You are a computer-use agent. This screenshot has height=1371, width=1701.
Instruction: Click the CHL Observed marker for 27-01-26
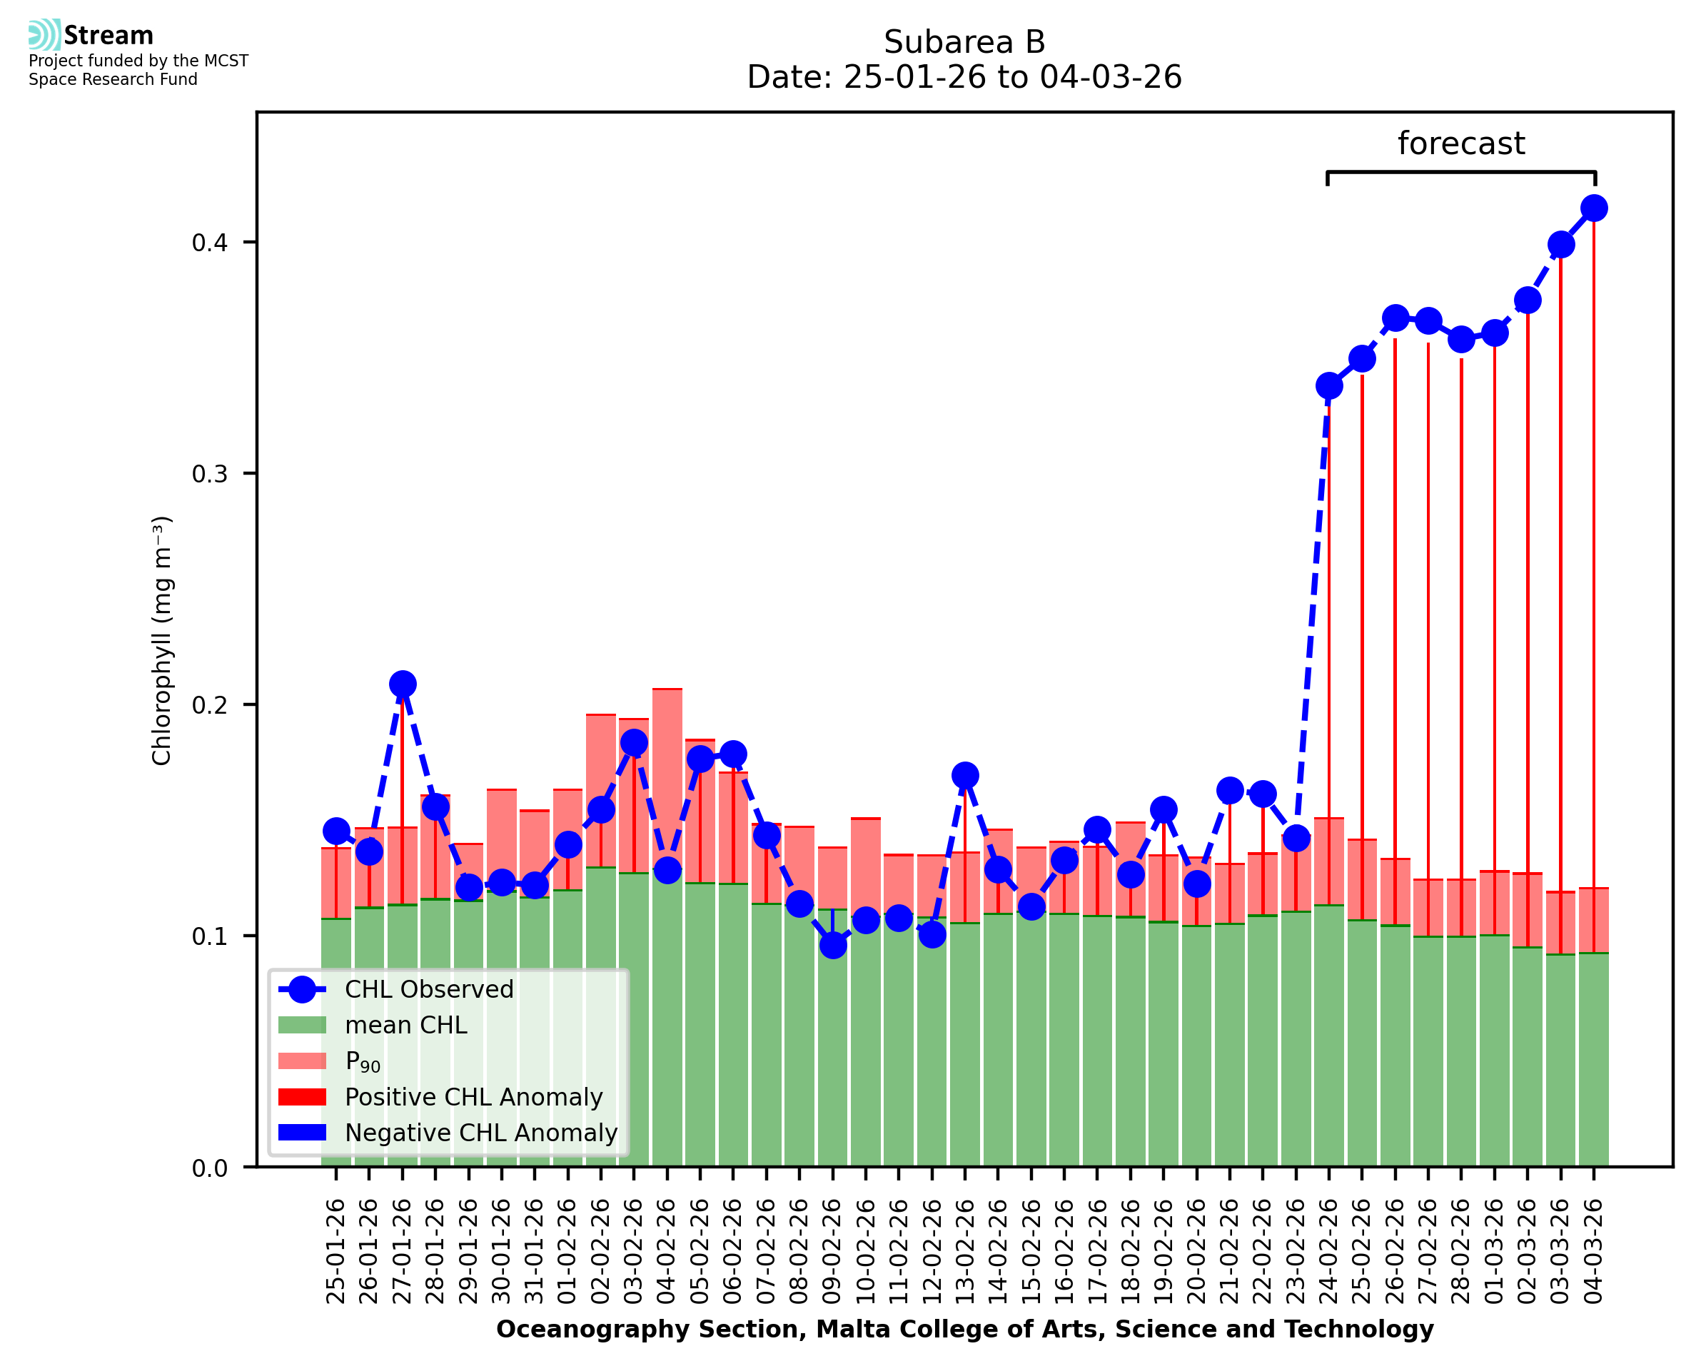[403, 684]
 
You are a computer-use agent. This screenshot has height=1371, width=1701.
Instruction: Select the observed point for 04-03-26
[1594, 208]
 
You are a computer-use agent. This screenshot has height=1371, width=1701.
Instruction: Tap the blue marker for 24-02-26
[1329, 386]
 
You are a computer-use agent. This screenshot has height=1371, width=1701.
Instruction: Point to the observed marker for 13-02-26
[965, 776]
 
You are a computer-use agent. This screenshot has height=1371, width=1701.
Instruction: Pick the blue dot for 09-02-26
[832, 944]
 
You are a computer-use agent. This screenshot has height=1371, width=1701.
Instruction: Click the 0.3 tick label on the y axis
[209, 474]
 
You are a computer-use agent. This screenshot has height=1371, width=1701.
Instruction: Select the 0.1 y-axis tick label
[209, 936]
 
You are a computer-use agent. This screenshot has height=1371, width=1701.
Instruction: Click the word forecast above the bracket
[1461, 143]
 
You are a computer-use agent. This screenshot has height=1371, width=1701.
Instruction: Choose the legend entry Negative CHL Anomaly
[480, 1133]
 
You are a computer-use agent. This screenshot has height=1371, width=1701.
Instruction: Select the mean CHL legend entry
[405, 1025]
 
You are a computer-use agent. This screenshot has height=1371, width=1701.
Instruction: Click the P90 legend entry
[363, 1061]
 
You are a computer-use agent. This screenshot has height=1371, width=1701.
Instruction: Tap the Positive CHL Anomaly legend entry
[473, 1097]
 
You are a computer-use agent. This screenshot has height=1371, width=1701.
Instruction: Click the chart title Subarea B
[964, 42]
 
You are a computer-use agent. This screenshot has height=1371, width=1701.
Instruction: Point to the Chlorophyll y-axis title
[161, 640]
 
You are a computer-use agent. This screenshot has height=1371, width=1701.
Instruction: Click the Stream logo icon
[44, 34]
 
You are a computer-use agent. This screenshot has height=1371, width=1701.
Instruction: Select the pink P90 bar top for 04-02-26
[667, 690]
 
